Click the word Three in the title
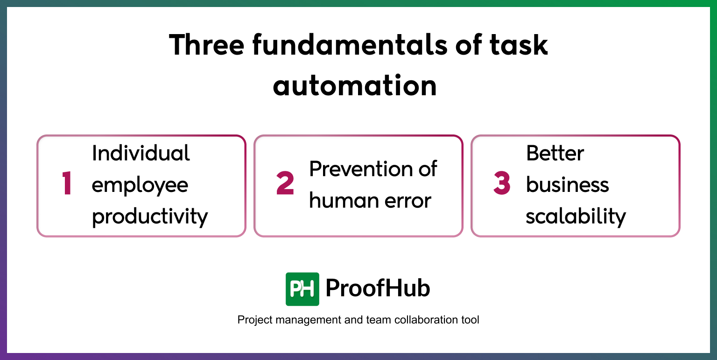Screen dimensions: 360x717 pyautogui.click(x=206, y=46)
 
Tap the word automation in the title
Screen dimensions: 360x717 pyautogui.click(x=355, y=86)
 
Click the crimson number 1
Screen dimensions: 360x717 pyautogui.click(x=66, y=184)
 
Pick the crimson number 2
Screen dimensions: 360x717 pyautogui.click(x=285, y=184)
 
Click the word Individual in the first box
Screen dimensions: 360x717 pyautogui.click(x=141, y=153)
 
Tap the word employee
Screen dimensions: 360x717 pyautogui.click(x=140, y=185)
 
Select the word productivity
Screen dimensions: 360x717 pyautogui.click(x=150, y=217)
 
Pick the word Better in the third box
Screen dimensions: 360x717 pyautogui.click(x=555, y=153)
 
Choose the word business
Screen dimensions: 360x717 pyautogui.click(x=568, y=185)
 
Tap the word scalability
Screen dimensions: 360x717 pyautogui.click(x=576, y=217)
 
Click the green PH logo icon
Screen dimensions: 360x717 pyautogui.click(x=302, y=289)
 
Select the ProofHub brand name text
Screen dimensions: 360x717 pyautogui.click(x=377, y=288)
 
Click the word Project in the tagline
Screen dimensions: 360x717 pyautogui.click(x=253, y=320)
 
